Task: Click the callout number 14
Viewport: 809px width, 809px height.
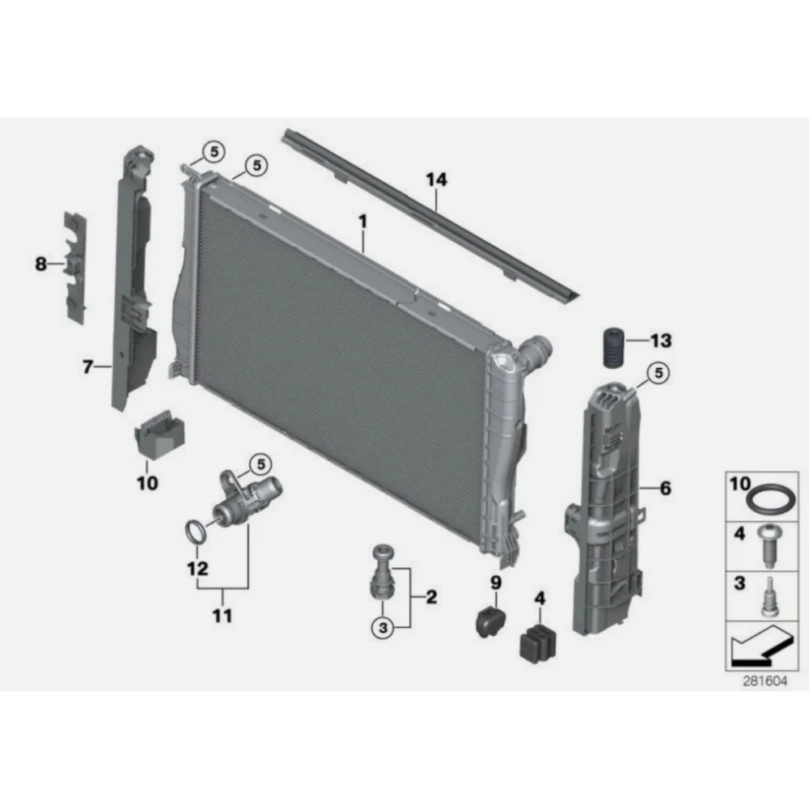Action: (437, 180)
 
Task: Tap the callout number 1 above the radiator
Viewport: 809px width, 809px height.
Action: (363, 222)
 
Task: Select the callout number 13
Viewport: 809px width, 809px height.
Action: (661, 341)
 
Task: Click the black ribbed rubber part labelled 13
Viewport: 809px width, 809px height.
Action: (613, 347)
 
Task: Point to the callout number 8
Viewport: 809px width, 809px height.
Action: (40, 265)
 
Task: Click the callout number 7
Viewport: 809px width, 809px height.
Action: (87, 366)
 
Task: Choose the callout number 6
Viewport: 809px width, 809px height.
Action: (666, 488)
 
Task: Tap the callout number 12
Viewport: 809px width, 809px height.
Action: (197, 569)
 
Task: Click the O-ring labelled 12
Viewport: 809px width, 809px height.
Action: (193, 532)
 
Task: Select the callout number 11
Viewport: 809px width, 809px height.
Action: (222, 616)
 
